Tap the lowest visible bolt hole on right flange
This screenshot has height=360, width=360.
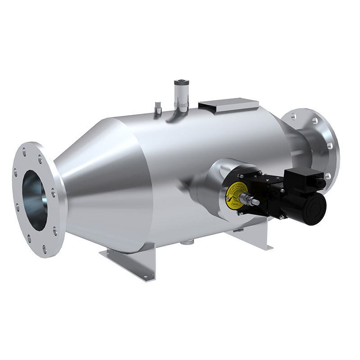pyautogui.click(x=328, y=175)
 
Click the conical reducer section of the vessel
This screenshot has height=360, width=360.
pyautogui.click(x=90, y=180)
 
